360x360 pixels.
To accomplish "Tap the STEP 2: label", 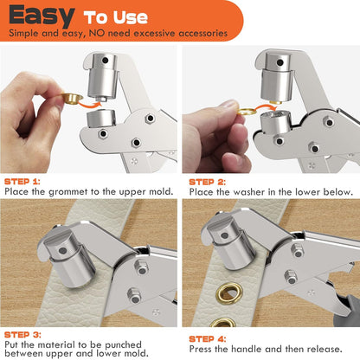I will coord(209,181).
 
